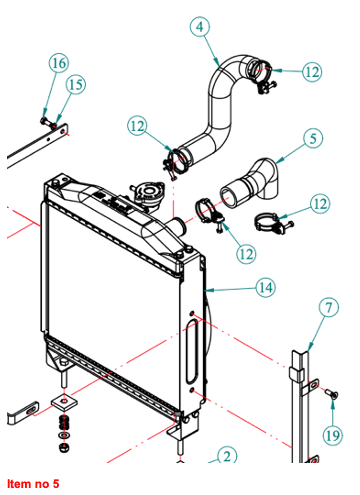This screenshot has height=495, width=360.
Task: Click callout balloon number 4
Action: tap(200, 27)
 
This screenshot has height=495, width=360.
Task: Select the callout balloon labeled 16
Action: tap(59, 63)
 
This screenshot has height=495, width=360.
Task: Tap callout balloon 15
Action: tap(76, 84)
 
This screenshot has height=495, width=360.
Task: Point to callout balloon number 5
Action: tap(313, 138)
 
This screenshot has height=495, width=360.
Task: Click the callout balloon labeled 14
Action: tap(266, 287)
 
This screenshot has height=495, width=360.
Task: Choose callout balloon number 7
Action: tap(329, 307)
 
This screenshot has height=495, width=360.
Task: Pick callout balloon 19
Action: tap(333, 435)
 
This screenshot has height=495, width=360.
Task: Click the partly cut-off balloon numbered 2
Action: tap(227, 455)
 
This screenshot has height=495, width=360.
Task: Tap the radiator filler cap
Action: tap(146, 194)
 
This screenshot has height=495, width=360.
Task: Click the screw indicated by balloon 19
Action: tap(332, 395)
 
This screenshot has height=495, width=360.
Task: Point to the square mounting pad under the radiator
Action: tap(64, 401)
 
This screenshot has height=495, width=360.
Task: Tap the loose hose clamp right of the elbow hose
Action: tap(273, 222)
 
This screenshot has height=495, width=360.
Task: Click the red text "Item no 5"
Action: tap(33, 483)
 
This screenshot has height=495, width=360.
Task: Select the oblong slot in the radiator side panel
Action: tap(192, 351)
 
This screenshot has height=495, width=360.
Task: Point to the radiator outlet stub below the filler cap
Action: tap(178, 227)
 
